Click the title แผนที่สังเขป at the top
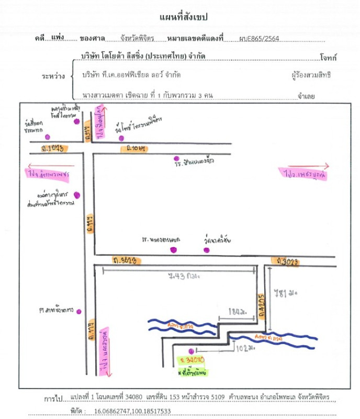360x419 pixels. (x=183, y=17)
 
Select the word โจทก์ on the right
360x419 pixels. (x=328, y=57)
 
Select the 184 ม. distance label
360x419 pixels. (x=237, y=312)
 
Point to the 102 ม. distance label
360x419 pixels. (x=245, y=347)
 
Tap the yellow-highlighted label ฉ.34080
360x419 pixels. (x=192, y=360)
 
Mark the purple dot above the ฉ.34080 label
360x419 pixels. (x=191, y=351)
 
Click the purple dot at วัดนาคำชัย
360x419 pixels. (x=206, y=250)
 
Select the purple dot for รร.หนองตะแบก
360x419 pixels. (x=173, y=250)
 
